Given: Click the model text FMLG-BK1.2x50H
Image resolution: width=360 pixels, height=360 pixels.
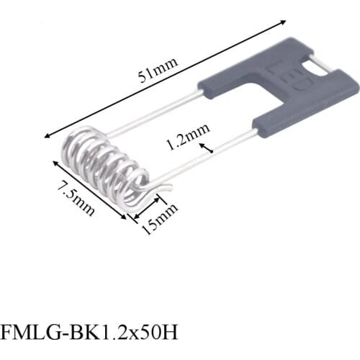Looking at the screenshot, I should [89, 332].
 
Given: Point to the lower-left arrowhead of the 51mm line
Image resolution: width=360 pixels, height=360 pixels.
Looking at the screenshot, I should [48, 135].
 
